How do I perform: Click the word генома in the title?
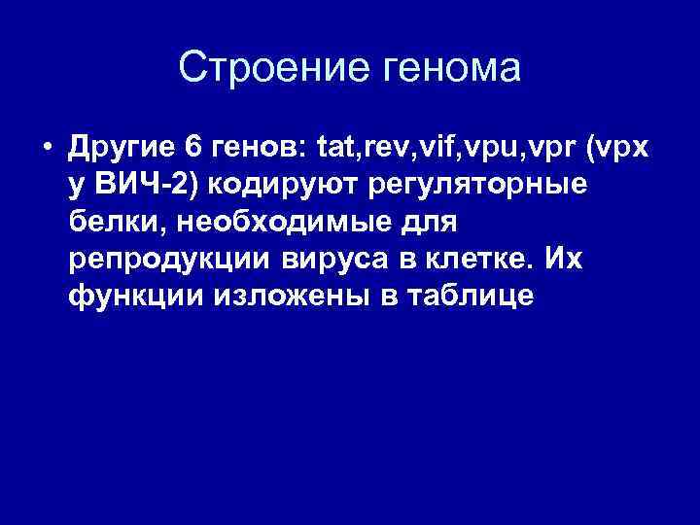(x=455, y=68)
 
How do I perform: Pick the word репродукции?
(x=171, y=260)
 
